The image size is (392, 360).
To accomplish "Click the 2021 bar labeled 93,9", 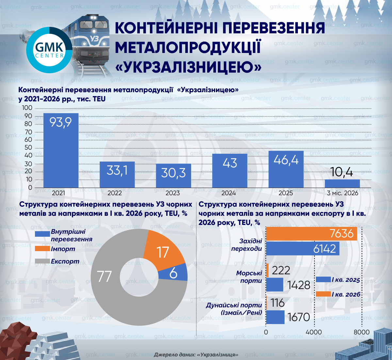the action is [61, 150].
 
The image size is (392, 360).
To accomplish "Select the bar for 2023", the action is [173, 176].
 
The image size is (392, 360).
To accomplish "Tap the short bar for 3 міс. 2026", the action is [342, 183].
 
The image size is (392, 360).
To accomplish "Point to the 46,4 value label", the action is [286, 160].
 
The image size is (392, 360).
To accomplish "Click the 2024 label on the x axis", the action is [228, 193].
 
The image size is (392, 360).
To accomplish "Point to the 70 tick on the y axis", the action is [28, 132].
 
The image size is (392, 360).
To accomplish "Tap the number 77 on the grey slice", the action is [104, 276].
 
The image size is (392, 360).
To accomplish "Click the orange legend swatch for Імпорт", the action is [42, 249].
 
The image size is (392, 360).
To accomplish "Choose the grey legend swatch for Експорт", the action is [42, 261].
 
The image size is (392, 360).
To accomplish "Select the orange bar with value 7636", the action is [312, 233].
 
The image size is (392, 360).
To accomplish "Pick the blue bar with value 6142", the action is [303, 249].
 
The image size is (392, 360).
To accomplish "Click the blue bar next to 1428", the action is [275, 285].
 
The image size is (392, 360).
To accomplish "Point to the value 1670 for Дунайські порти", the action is [299, 317].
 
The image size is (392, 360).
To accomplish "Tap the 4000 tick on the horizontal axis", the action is [314, 332].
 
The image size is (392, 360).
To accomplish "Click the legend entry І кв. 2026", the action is [338, 294].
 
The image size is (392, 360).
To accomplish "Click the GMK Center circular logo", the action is [49, 50].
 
